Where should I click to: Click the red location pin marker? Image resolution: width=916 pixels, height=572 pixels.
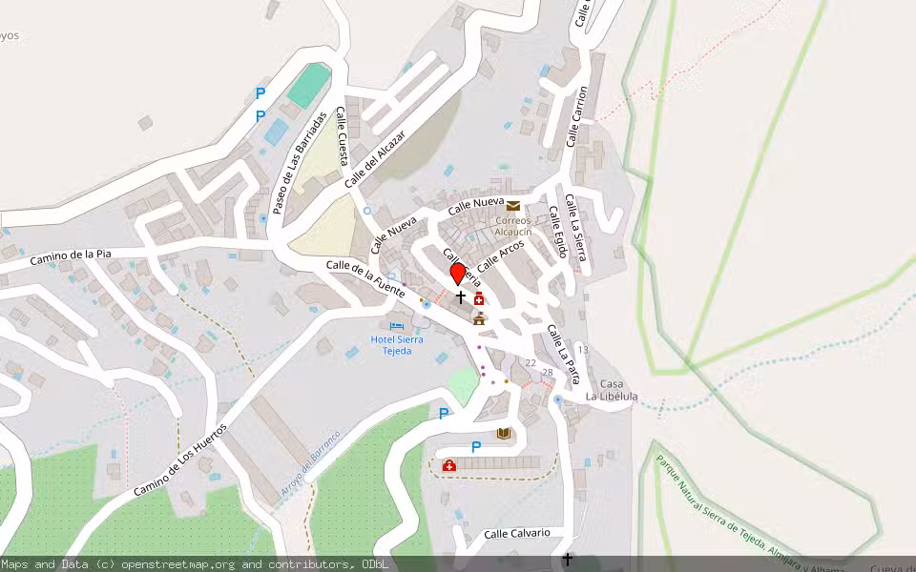[x=458, y=274]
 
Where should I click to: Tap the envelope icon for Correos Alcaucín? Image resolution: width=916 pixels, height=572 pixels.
[x=513, y=206]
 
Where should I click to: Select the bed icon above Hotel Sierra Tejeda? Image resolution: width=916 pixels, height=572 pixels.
[x=397, y=326]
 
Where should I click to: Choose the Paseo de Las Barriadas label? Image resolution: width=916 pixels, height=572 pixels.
[x=301, y=163]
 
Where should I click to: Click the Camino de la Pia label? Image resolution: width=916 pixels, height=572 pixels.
[x=71, y=255]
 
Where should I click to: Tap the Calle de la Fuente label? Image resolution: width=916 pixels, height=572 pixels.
[x=366, y=277]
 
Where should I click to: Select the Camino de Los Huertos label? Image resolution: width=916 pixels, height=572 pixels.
[x=180, y=460]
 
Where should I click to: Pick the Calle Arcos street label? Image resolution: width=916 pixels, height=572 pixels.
[x=502, y=254]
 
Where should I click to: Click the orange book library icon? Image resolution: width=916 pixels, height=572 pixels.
[x=504, y=434]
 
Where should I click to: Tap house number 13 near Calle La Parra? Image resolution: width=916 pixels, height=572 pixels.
[x=582, y=350]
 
